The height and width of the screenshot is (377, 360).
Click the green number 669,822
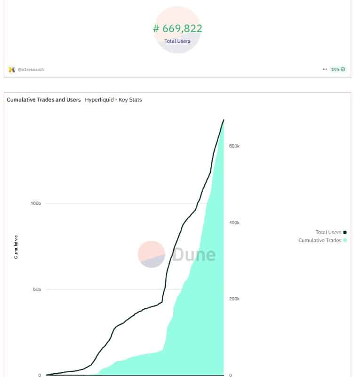(x=177, y=29)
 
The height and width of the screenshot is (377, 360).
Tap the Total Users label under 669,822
(x=177, y=41)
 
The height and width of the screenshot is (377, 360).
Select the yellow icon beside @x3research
(x=12, y=70)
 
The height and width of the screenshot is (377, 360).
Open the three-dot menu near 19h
(x=325, y=69)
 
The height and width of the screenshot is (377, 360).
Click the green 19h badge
(x=338, y=69)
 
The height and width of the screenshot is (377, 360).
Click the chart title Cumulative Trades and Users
(x=44, y=100)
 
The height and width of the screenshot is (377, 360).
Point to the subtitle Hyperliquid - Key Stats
(x=113, y=100)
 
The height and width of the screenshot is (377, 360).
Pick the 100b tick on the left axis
(x=36, y=204)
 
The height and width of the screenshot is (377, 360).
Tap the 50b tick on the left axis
(x=37, y=290)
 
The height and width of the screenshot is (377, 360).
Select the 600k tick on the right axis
(x=234, y=146)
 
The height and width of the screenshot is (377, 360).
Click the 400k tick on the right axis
(x=234, y=223)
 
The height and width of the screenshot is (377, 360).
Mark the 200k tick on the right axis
(x=234, y=299)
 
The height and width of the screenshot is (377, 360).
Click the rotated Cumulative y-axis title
(x=16, y=247)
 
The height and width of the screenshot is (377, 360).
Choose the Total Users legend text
(x=328, y=232)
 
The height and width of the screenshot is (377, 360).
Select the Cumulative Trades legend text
(x=320, y=240)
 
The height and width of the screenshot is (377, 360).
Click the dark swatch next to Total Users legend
(x=345, y=232)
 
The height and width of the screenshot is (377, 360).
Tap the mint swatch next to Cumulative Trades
(x=345, y=240)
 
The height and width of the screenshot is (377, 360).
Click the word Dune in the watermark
(x=194, y=254)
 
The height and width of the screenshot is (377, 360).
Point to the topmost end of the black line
(x=224, y=120)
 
